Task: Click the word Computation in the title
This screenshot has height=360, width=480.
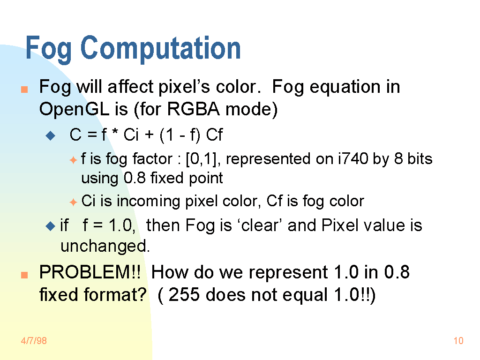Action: [x=160, y=48]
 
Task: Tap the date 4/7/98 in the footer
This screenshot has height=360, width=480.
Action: [x=34, y=341]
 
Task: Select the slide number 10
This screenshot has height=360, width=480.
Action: [x=458, y=341]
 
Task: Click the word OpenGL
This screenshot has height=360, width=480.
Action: [x=74, y=109]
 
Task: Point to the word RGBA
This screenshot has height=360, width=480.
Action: [x=194, y=109]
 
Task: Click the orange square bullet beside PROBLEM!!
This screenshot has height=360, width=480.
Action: [x=24, y=275]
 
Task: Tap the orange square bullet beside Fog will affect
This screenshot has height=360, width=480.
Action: [x=24, y=89]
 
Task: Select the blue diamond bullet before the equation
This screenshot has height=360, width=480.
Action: [x=50, y=135]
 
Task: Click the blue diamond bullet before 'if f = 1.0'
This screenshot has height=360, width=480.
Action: [x=50, y=226]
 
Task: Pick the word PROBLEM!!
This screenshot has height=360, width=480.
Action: [x=90, y=272]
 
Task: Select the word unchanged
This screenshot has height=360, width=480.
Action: [x=105, y=246]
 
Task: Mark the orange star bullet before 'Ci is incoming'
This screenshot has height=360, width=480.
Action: [x=73, y=202]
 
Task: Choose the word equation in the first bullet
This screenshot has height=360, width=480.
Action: [x=345, y=87]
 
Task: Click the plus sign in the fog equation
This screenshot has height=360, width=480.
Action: [x=149, y=135]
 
